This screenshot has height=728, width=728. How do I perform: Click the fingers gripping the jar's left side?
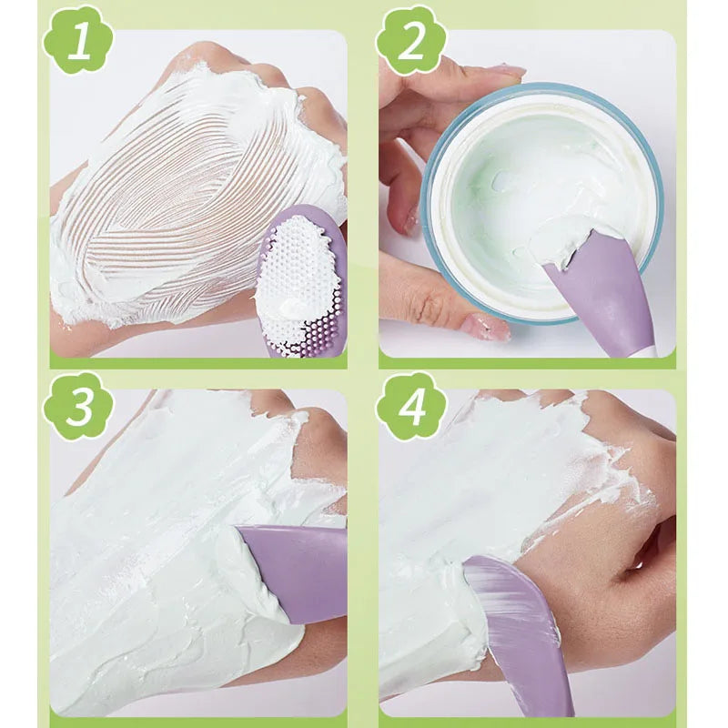point(400,182)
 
